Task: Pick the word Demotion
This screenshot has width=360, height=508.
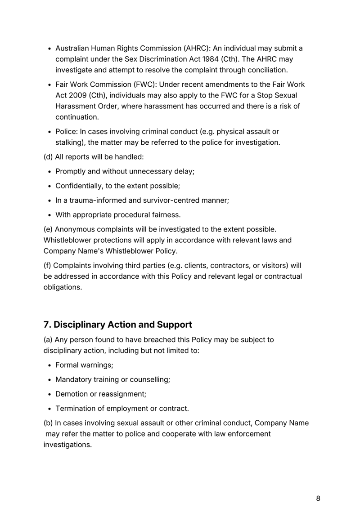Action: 72,394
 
